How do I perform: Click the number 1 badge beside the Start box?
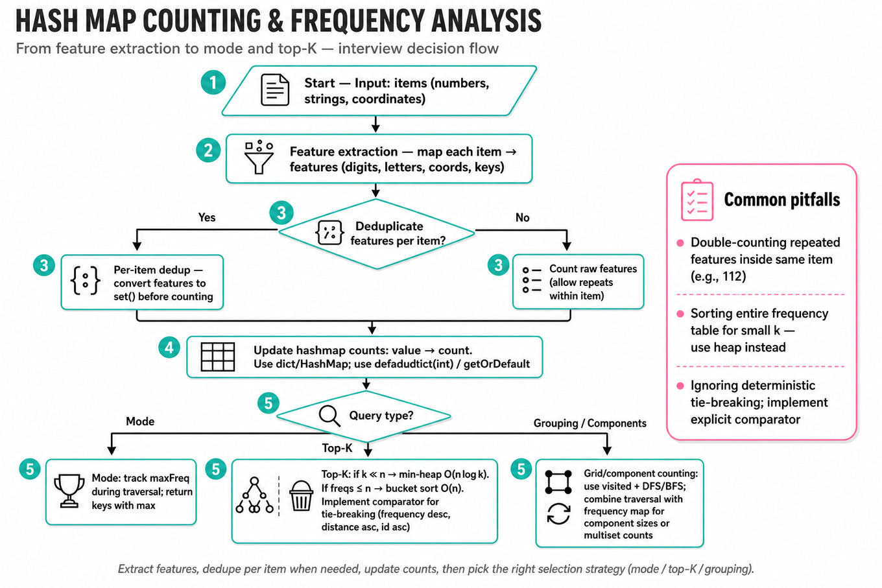[x=213, y=82]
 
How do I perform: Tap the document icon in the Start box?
[x=275, y=89]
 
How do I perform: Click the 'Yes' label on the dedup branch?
[x=207, y=217]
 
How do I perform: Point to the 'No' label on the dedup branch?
[x=523, y=217]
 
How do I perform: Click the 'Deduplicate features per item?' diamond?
[x=377, y=234]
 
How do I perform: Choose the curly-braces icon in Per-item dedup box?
[x=85, y=281]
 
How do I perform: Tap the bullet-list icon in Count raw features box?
[x=532, y=280]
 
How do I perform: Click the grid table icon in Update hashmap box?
[x=218, y=357]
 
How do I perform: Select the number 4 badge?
[x=169, y=347]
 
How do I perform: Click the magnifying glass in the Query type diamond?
[x=329, y=416]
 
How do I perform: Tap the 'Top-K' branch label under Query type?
[x=337, y=448]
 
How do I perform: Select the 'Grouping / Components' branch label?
[x=590, y=423]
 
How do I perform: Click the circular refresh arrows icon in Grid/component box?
[x=558, y=514]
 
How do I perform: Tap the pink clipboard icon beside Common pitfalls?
[x=697, y=200]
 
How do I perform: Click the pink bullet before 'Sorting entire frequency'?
[x=680, y=314]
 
